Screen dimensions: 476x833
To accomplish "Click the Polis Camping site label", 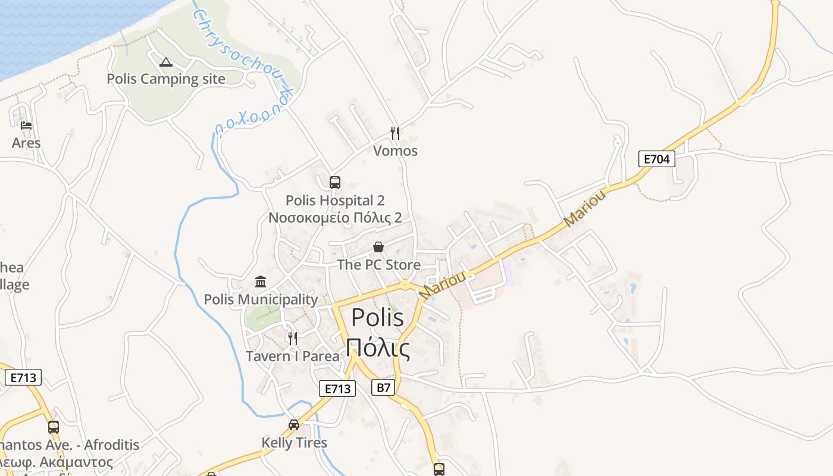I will pos(166,79).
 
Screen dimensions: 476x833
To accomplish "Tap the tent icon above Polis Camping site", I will pos(166,62).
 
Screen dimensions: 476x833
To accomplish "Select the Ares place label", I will pos(26,143).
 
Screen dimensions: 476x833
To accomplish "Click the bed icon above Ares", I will pos(26,126).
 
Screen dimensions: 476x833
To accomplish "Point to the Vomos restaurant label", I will pos(395,151).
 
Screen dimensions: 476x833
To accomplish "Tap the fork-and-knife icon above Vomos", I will pos(395,133).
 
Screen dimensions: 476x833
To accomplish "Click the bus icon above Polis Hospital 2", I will pos(335,183).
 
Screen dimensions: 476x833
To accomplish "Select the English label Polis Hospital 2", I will pos(335,201).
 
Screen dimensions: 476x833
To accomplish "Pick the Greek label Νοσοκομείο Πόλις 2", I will pos(335,218).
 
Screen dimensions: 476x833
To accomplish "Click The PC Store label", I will pos(378,265).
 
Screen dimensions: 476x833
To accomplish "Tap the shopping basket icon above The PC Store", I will pos(378,247).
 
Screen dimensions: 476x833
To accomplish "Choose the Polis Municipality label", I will pos(261,299).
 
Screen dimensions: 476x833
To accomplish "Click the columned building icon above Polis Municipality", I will pos(261,281).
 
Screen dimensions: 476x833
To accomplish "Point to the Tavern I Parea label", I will pos(292,356).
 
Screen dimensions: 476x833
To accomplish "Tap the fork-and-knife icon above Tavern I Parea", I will pos(292,339).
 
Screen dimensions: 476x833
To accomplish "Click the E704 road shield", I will pos(657,159).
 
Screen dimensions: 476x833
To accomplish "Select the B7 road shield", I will pos(384,388).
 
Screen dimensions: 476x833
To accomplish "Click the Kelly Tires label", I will pos(294,443).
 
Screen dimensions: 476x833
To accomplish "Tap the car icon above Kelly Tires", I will pos(294,425).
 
